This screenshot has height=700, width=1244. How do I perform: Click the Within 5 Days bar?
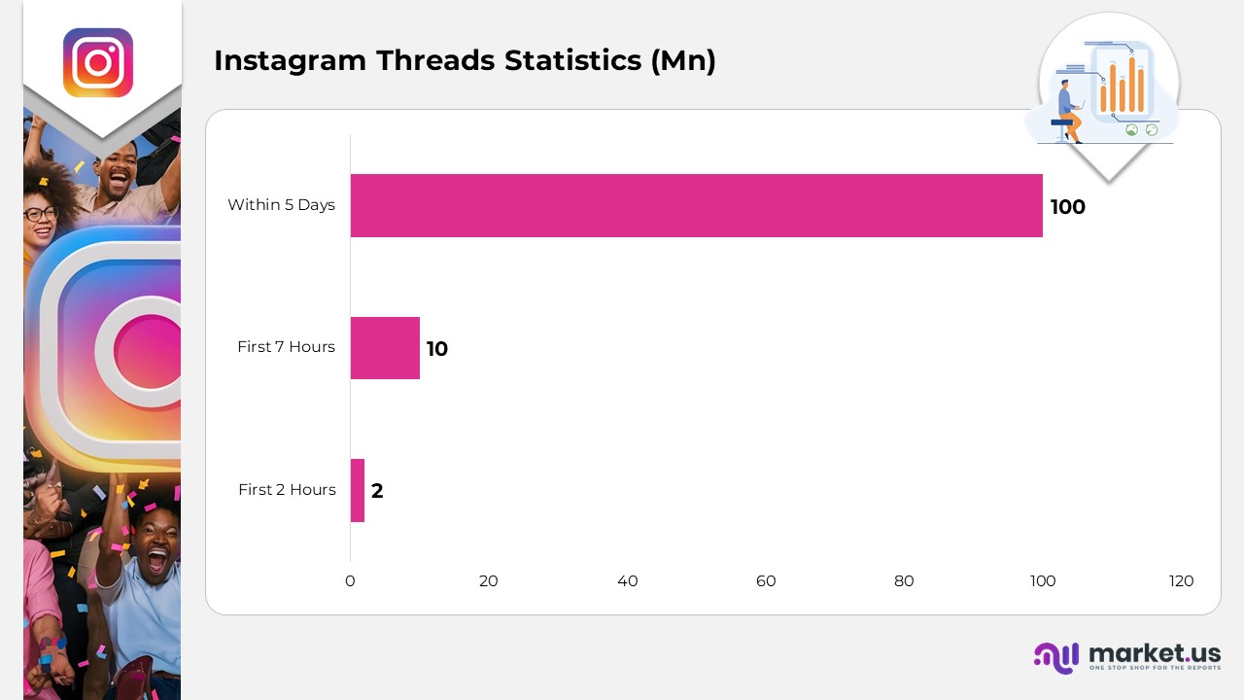click(x=697, y=205)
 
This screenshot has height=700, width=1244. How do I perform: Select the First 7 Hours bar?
click(x=385, y=348)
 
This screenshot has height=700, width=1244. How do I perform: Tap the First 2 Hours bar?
click(x=357, y=491)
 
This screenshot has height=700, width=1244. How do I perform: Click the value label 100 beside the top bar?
click(x=1067, y=207)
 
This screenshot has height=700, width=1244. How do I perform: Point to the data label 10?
click(x=437, y=349)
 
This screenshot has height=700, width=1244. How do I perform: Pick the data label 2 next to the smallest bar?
click(x=377, y=491)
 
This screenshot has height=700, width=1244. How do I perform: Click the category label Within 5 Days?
click(x=281, y=204)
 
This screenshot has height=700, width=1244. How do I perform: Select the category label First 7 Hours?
click(x=286, y=347)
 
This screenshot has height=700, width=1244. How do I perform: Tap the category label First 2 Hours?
click(x=287, y=489)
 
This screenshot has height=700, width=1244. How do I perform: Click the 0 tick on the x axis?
click(x=350, y=581)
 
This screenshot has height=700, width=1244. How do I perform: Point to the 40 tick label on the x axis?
click(x=628, y=581)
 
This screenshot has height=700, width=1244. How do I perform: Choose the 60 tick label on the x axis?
click(x=766, y=581)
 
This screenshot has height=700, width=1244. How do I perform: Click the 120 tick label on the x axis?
click(x=1181, y=581)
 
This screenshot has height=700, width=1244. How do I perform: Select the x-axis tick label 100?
click(x=1043, y=581)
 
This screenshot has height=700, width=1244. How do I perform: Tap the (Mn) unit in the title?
click(x=683, y=60)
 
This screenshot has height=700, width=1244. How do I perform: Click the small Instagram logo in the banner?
click(x=98, y=63)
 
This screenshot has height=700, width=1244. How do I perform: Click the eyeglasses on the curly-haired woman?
click(x=41, y=214)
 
